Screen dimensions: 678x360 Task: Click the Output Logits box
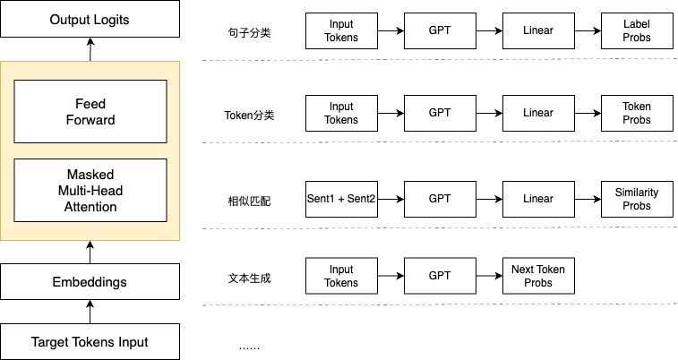click(90, 19)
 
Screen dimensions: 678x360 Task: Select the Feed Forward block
click(90, 112)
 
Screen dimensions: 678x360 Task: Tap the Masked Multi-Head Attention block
click(90, 191)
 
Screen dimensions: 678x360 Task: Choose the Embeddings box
click(90, 282)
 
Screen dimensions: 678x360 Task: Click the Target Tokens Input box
click(90, 342)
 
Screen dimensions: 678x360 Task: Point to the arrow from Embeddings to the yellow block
click(90, 253)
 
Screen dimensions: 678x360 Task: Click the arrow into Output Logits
click(90, 49)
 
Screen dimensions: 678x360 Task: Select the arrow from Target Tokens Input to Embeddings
click(90, 312)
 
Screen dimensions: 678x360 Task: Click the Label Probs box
click(637, 30)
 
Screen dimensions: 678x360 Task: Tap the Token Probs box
click(637, 113)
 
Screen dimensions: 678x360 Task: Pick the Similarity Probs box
click(637, 199)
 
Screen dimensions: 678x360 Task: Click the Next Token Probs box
click(538, 276)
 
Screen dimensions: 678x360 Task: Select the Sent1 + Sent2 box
click(341, 199)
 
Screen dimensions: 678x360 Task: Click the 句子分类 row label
click(250, 33)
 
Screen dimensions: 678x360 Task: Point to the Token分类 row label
click(249, 116)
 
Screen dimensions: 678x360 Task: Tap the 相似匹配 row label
click(250, 201)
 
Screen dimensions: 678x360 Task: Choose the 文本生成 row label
click(250, 278)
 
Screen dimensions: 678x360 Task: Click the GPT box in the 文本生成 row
click(440, 276)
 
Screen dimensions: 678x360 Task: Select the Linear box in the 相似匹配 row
click(538, 199)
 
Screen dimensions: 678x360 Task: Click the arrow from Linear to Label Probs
click(588, 30)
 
